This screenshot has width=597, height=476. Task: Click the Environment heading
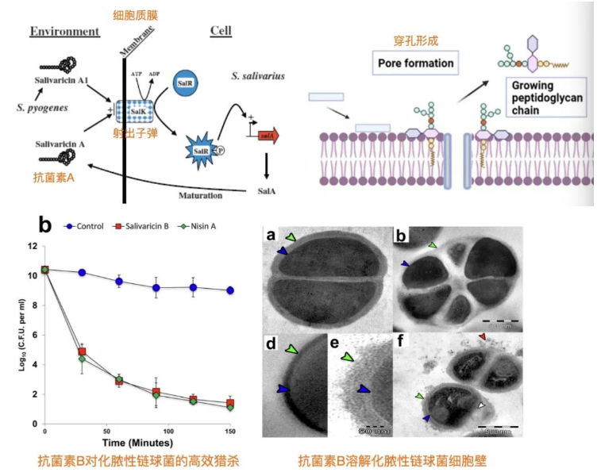click(x=64, y=32)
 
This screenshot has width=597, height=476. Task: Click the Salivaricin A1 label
click(x=61, y=81)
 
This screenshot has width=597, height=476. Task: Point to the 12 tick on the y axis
click(x=33, y=246)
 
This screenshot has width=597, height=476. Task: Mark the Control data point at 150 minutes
click(x=230, y=290)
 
